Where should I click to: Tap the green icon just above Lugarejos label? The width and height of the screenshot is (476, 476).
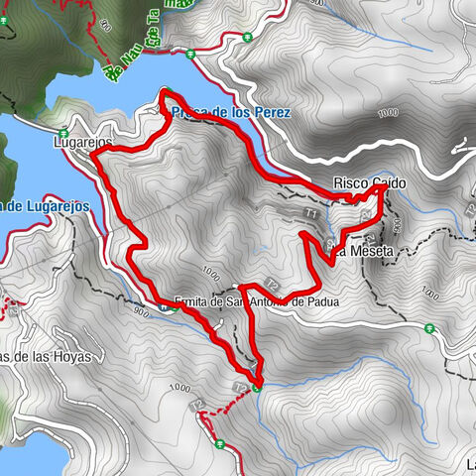(62, 130)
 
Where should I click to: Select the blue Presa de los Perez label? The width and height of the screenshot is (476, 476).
(231, 113)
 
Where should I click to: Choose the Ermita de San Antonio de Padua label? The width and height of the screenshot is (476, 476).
(257, 301)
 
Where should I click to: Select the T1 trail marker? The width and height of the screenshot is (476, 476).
(310, 213)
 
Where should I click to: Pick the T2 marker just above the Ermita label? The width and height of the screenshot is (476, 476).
(270, 286)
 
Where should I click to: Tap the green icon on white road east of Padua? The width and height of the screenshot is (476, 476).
(429, 328)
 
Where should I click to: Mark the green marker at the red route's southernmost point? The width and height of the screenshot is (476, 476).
(257, 388)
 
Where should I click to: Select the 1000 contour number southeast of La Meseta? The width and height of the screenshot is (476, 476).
(428, 294)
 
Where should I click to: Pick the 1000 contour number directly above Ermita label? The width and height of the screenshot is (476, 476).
(209, 271)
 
